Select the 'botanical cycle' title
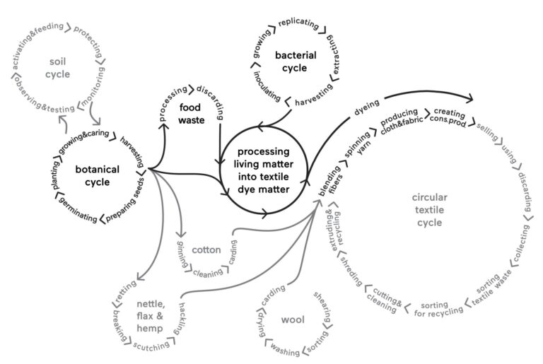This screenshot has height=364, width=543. (x=98, y=176)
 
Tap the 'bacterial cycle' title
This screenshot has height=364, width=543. (x=291, y=61)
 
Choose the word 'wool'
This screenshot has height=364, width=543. (x=291, y=320)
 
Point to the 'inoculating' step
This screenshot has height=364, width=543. (x=267, y=86)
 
